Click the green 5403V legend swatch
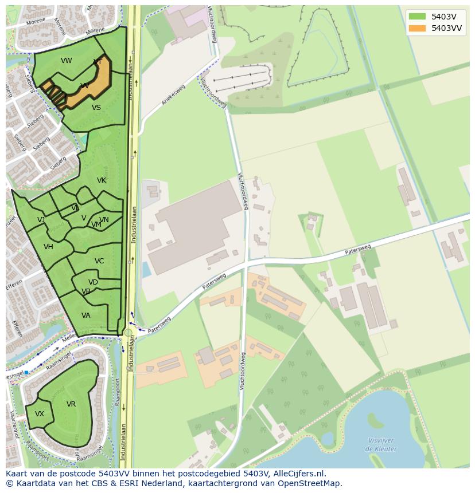point(417,17)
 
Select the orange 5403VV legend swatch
point(417,28)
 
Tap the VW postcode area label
point(67,61)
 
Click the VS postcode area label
point(96,108)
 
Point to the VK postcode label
point(102,180)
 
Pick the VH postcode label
point(48,247)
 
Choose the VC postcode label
point(99,261)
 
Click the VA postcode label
point(86,315)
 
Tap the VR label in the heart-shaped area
point(71,404)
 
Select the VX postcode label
point(40,414)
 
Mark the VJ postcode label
point(41,220)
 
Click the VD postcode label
point(93,282)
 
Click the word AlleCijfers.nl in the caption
point(298,474)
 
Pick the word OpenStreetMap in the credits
point(310,483)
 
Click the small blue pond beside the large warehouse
point(146,269)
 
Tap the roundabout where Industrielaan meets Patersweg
point(128,332)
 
